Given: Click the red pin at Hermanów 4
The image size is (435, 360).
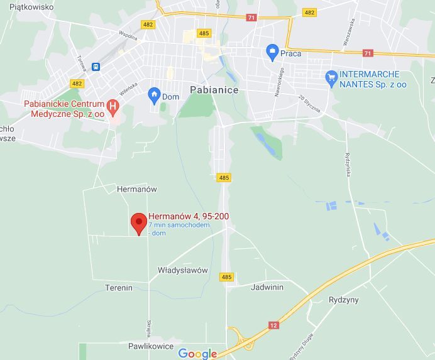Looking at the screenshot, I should [139, 223].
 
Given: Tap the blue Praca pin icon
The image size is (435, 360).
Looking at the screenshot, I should [272, 52].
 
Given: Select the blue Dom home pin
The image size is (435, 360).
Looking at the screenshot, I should [154, 95].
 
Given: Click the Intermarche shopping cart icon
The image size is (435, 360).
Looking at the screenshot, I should [331, 78].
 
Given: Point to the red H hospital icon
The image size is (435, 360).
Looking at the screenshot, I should [113, 106].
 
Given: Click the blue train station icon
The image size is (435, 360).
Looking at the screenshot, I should [96, 66].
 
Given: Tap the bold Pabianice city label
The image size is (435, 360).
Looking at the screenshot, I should [214, 90].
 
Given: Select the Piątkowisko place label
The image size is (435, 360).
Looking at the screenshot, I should [31, 8].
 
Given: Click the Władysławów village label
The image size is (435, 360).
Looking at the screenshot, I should [182, 270].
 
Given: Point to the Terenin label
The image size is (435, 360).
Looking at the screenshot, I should [119, 288].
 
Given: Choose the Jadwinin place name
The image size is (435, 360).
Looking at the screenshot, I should [267, 287].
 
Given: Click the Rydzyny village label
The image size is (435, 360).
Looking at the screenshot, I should [344, 300].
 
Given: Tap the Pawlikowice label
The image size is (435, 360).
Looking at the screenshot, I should [150, 346].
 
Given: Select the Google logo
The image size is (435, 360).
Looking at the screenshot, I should [197, 354].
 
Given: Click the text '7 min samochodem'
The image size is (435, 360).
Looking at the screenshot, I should [179, 225].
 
